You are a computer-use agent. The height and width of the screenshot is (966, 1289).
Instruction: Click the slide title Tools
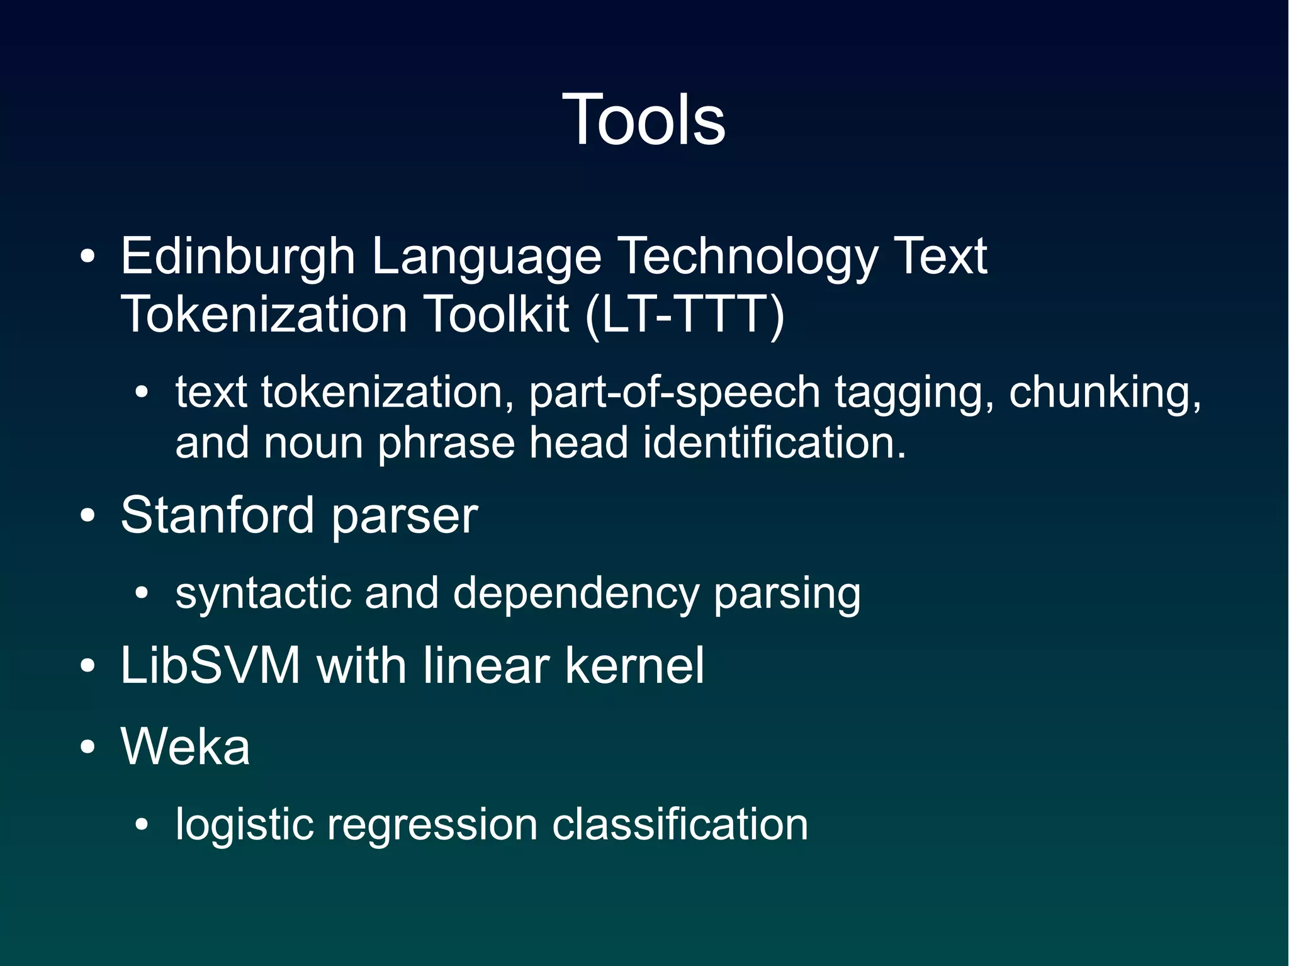644,120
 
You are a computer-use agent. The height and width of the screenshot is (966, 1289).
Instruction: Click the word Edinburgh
238,257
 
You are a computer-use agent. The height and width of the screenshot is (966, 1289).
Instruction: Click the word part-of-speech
674,393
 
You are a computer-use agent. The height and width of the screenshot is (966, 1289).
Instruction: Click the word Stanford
217,515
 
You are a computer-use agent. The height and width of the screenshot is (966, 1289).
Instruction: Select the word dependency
576,593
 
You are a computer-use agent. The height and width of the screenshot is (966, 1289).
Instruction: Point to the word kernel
634,666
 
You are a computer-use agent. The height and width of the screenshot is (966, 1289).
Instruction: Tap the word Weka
185,746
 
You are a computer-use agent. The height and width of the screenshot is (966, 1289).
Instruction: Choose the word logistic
244,824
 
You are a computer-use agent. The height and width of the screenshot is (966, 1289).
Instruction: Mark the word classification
680,824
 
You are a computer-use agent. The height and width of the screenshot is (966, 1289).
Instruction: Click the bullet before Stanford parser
88,517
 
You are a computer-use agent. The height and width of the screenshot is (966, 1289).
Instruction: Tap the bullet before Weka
88,747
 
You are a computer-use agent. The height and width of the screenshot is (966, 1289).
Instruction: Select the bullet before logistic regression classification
142,825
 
